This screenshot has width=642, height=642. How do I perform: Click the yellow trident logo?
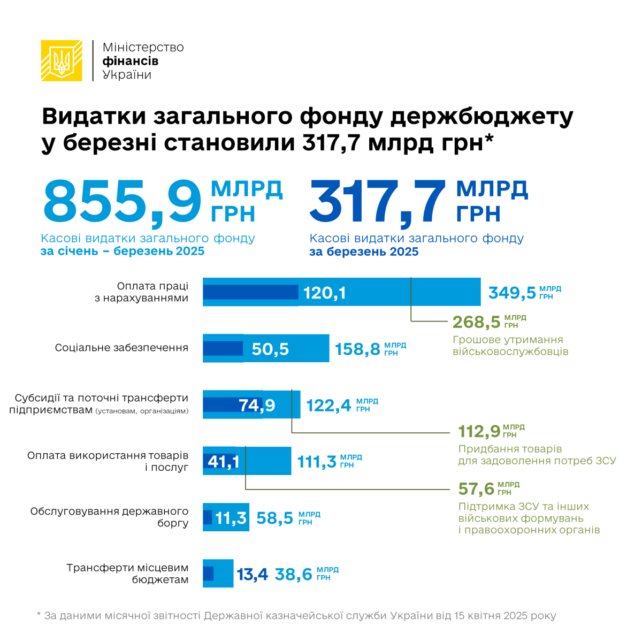pyautogui.click(x=62, y=60)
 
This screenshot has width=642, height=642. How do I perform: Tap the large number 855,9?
pyautogui.click(x=122, y=202)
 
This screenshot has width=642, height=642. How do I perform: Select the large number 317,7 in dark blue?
pyautogui.click(x=378, y=202)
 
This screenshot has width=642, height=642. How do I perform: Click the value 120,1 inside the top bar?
pyautogui.click(x=324, y=293)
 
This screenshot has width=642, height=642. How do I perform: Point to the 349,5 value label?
pyautogui.click(x=512, y=293)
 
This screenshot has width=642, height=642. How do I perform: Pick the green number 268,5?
pyautogui.click(x=476, y=322)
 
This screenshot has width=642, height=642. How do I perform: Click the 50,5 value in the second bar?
pyautogui.click(x=270, y=349)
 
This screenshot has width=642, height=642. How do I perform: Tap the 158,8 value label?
pyautogui.click(x=357, y=349)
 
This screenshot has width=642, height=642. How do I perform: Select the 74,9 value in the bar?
pyautogui.click(x=257, y=406)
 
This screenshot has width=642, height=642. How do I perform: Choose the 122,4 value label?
pyautogui.click(x=328, y=406)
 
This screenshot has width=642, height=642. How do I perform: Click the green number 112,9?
pyautogui.click(x=479, y=431)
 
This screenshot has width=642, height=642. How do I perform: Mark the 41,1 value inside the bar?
pyautogui.click(x=223, y=461)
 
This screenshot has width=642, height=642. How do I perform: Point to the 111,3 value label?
pyautogui.click(x=317, y=461)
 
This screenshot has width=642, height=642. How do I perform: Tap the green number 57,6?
pyautogui.click(x=477, y=489)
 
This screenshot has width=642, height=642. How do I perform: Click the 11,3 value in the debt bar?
pyautogui.click(x=231, y=518)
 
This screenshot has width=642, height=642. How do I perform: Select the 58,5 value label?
pyautogui.click(x=275, y=518)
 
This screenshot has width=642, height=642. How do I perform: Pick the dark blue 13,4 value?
pyautogui.click(x=252, y=575)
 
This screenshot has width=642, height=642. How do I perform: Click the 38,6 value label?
pyautogui.click(x=293, y=575)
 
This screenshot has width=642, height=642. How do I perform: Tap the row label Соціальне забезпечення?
pyautogui.click(x=121, y=348)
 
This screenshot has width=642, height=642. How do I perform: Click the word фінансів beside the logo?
pyautogui.click(x=130, y=61)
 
